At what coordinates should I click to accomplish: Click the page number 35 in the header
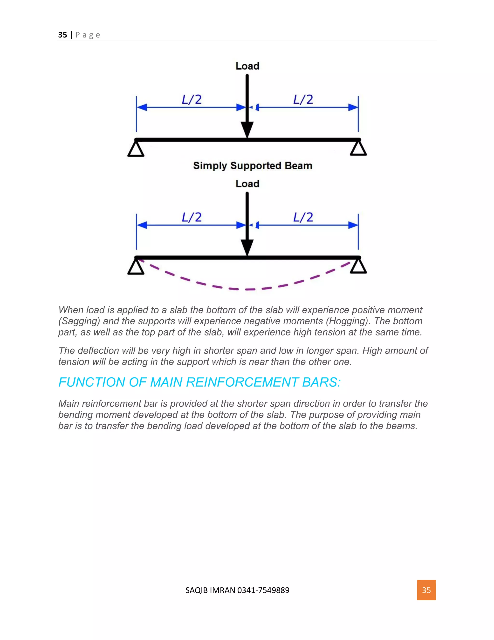click(x=62, y=35)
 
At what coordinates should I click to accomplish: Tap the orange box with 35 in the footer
click(x=426, y=590)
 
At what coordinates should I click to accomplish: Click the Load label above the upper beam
click(x=247, y=66)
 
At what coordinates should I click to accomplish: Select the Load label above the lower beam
click(x=247, y=184)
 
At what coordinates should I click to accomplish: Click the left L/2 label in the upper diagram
click(x=192, y=100)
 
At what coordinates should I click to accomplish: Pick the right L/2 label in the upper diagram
click(x=303, y=100)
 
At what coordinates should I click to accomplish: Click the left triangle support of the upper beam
click(x=136, y=149)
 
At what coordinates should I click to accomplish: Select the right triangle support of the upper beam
click(x=358, y=149)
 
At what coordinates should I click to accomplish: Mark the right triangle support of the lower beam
click(x=358, y=267)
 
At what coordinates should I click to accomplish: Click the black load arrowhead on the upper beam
click(x=247, y=129)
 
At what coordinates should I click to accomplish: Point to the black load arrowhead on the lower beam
click(x=247, y=247)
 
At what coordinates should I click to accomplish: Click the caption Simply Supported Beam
click(x=253, y=166)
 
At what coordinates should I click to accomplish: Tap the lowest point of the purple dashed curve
click(x=247, y=289)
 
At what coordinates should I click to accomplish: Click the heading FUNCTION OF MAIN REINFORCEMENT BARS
click(x=199, y=382)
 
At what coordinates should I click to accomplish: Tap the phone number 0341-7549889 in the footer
click(x=263, y=590)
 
